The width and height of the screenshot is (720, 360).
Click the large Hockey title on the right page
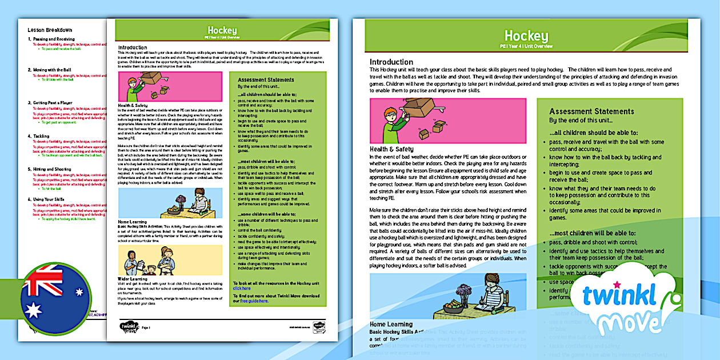click(x=526, y=37)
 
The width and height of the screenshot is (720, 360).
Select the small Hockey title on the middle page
click(x=222, y=30)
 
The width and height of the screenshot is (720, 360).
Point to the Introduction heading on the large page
click(x=391, y=62)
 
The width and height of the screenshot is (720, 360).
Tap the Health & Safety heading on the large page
click(x=391, y=149)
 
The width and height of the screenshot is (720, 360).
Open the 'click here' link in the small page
click(x=242, y=289)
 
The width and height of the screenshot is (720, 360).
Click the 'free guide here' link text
click(x=254, y=301)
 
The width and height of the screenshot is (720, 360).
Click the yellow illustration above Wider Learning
click(x=170, y=261)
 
